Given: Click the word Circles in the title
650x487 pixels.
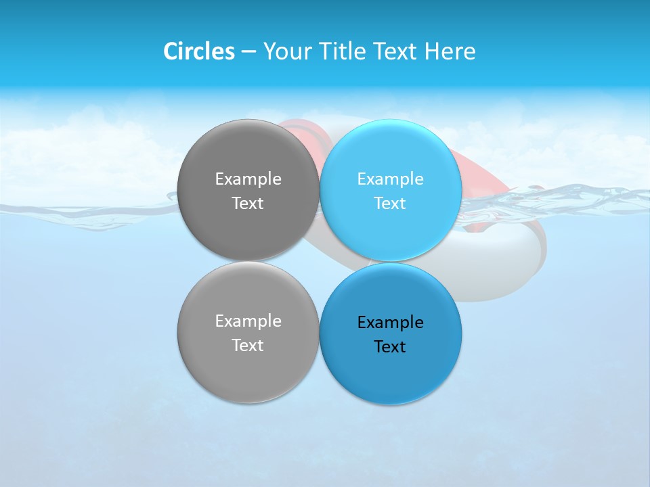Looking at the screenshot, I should (198, 51).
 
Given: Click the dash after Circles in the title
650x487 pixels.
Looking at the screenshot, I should (248, 52).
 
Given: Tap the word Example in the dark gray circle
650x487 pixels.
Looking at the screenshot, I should (248, 179).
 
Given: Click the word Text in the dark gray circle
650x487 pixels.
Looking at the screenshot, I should (248, 204).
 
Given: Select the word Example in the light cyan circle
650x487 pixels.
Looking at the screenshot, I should (391, 179).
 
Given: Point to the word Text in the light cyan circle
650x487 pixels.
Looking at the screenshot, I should (391, 204).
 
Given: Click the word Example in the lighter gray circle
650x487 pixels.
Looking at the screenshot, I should (248, 321).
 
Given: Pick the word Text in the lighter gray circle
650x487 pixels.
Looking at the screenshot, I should (248, 346).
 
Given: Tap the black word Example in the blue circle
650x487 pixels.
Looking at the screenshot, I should (391, 323).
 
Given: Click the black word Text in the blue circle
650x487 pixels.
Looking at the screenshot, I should (391, 347).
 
